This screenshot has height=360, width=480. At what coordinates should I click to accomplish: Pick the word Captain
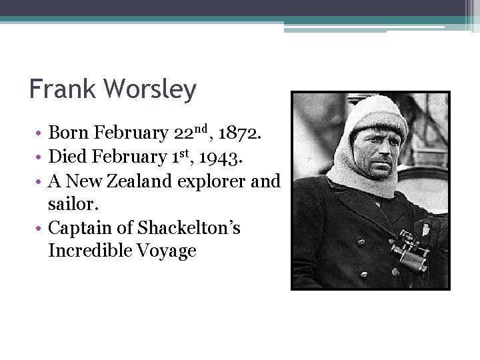79,228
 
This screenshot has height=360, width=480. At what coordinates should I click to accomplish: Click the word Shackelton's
189,228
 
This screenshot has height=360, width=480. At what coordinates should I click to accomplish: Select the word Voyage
169,251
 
